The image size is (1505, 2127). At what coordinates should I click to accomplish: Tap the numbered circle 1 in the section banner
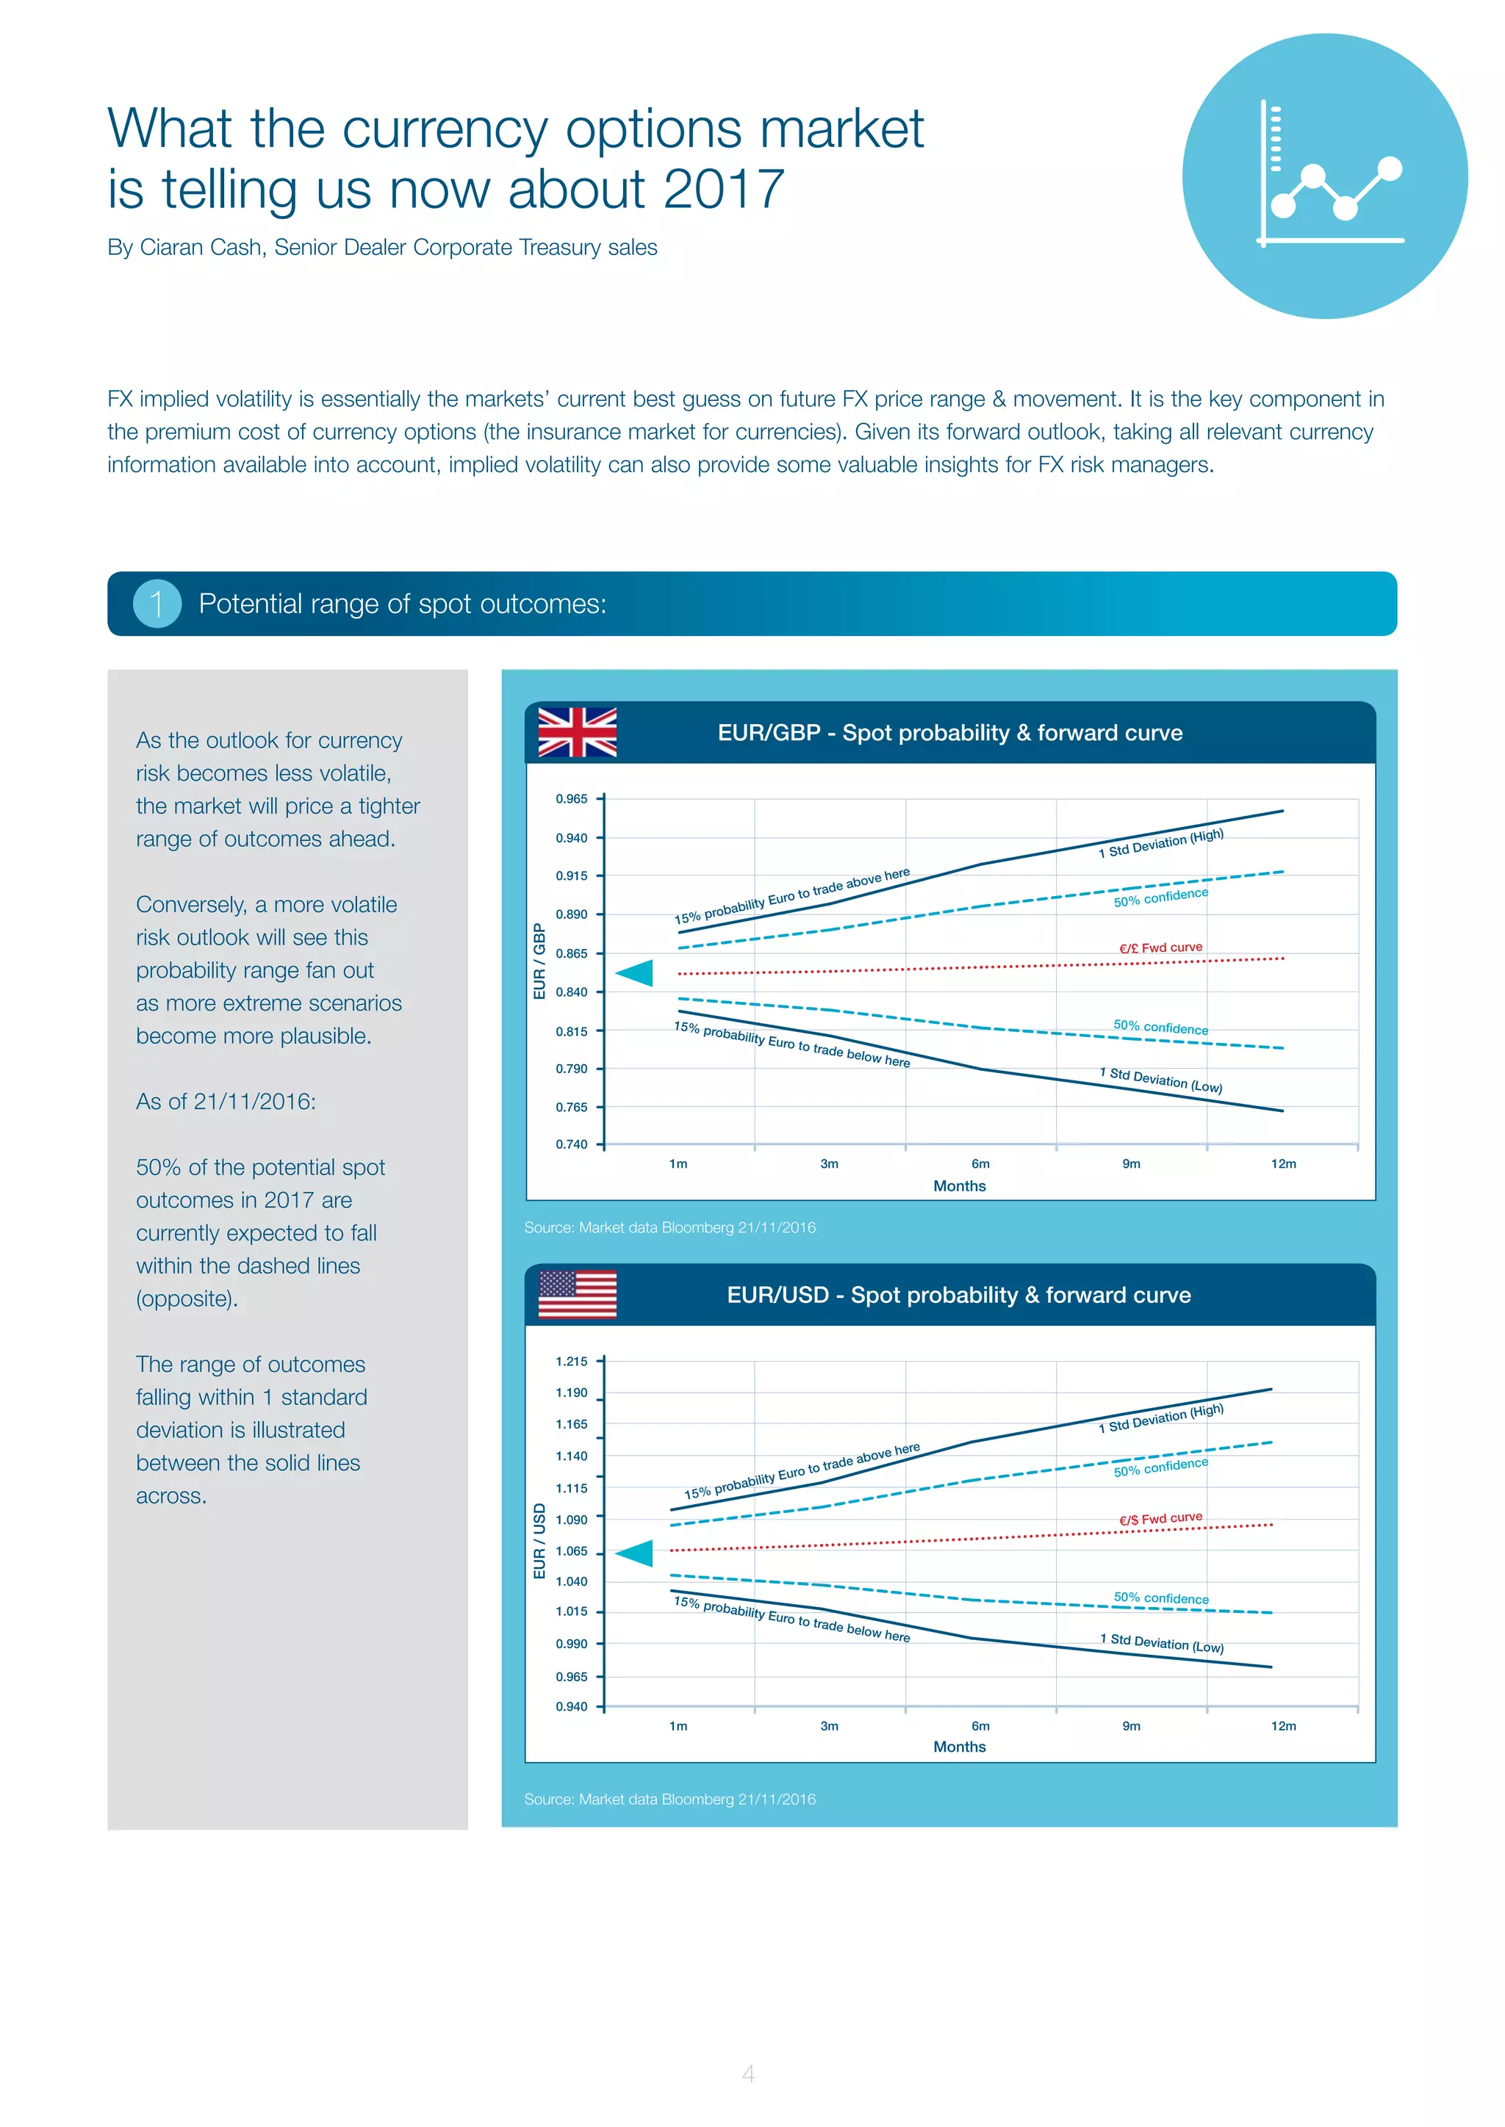point(157,604)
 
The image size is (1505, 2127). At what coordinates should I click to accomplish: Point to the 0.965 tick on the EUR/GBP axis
point(571,798)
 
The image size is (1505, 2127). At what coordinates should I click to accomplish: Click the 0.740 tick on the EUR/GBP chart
point(571,1144)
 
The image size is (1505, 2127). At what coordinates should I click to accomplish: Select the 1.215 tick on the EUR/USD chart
point(571,1361)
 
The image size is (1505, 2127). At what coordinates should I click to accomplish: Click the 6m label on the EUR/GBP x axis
point(980,1163)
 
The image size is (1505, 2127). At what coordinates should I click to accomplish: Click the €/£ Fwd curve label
point(1160,947)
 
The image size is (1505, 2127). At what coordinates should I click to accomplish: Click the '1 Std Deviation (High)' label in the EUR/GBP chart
point(1160,843)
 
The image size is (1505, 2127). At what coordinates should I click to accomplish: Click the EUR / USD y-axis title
point(539,1541)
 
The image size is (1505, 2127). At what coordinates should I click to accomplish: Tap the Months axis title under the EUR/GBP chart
point(959,1185)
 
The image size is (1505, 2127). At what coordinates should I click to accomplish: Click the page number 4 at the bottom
point(748,2073)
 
